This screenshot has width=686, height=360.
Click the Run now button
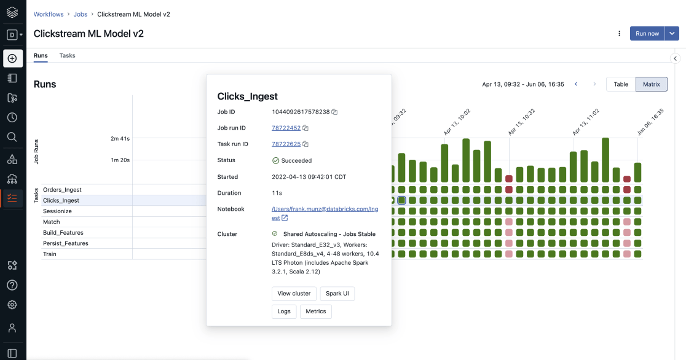click(647, 34)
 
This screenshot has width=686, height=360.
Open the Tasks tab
click(67, 55)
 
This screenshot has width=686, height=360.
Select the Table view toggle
click(621, 84)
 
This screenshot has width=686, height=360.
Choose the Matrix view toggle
click(651, 84)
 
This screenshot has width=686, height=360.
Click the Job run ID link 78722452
click(286, 128)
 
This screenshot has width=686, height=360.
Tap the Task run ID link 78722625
click(286, 144)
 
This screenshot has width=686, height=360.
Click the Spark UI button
click(337, 294)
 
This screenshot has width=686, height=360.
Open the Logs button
click(284, 311)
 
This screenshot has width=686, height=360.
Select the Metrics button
click(316, 311)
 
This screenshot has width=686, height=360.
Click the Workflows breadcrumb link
click(49, 14)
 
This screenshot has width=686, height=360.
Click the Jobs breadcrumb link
click(80, 14)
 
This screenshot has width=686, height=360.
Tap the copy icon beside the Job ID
click(334, 112)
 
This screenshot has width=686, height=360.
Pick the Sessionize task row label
click(57, 211)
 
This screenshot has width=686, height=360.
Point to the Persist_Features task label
click(65, 243)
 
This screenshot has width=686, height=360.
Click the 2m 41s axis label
click(120, 139)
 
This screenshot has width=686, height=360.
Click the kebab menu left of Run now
click(620, 34)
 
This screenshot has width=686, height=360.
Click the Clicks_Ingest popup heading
click(248, 96)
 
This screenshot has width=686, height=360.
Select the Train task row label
click(49, 254)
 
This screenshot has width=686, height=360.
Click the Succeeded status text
click(296, 160)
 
